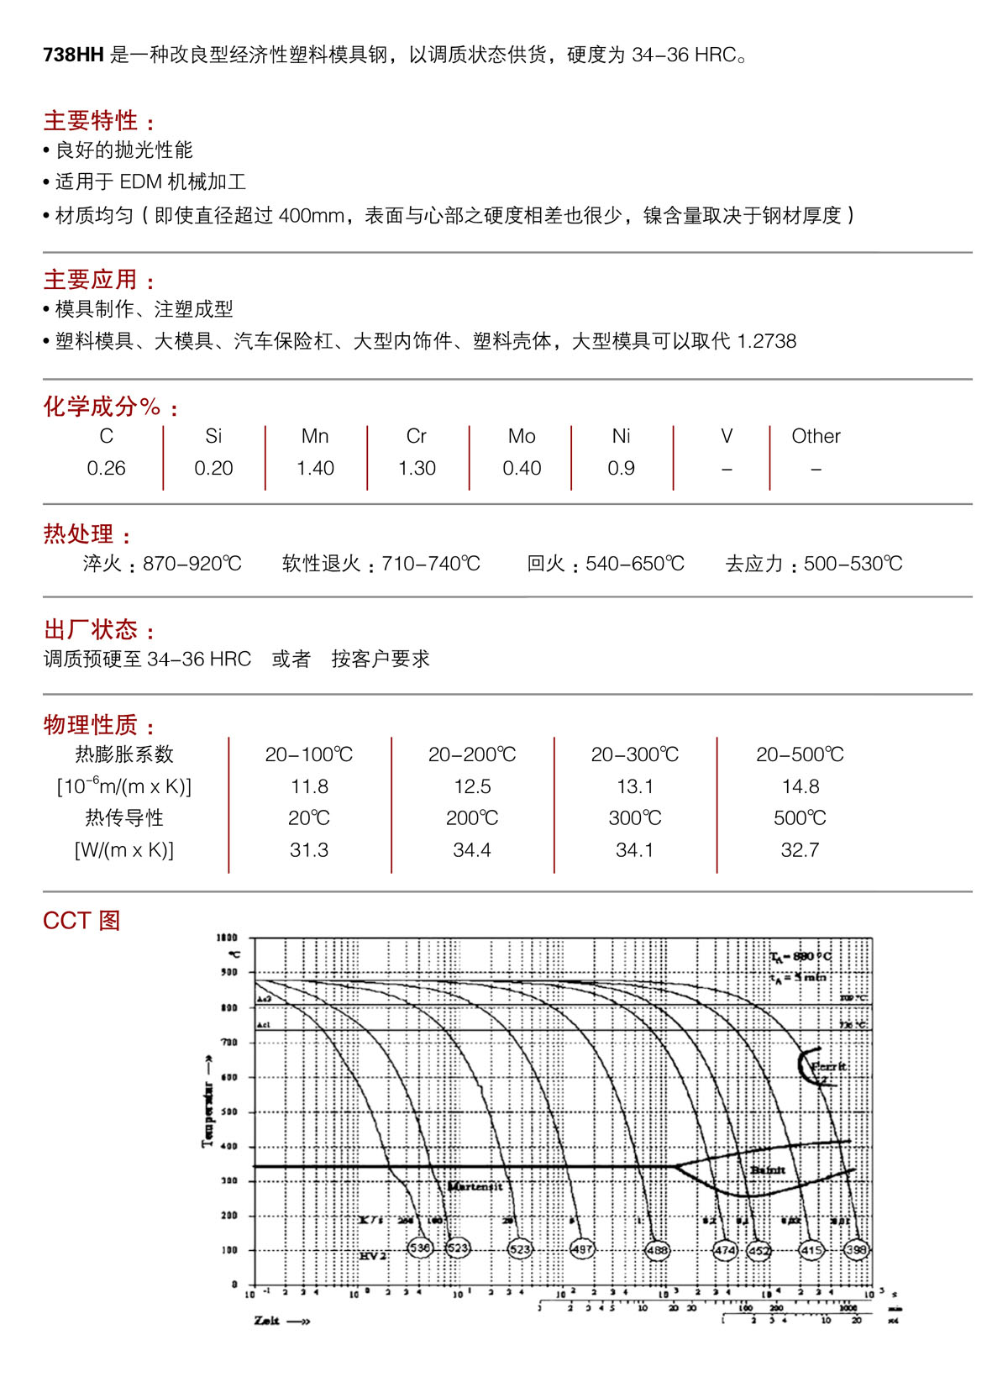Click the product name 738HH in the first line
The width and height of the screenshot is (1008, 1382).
coord(73,55)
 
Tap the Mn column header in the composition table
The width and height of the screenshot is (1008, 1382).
coord(315,436)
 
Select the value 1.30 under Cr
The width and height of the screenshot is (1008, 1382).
coord(417,468)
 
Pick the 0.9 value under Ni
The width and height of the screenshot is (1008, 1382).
coord(621,468)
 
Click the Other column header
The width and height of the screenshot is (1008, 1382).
coord(816,436)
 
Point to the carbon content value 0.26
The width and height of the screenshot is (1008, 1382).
coord(106,468)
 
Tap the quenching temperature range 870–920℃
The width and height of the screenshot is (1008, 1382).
coord(192,564)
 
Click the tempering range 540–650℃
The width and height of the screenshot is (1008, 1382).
coord(635,564)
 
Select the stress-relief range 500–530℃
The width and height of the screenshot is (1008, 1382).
coord(853,564)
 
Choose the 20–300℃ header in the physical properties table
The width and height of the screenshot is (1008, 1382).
coord(635,754)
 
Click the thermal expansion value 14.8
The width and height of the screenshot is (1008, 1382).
coord(800,786)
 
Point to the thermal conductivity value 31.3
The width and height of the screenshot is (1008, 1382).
coord(309,850)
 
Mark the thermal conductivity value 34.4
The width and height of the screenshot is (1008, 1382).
coord(472,850)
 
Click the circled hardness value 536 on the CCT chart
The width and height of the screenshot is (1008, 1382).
coord(420,1248)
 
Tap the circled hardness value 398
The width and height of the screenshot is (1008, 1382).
coord(856,1249)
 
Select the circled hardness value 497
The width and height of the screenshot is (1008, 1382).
coord(582,1249)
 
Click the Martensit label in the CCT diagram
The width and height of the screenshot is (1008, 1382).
coord(475,1186)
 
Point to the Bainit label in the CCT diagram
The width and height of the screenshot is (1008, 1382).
coord(768,1169)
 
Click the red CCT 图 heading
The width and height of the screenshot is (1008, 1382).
coord(81,921)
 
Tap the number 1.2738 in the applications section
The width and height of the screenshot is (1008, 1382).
coord(766,341)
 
